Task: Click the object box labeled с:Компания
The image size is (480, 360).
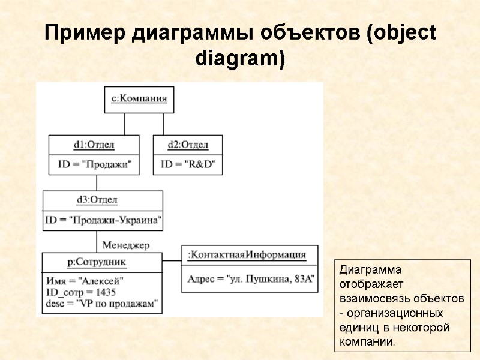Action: pyautogui.click(x=139, y=99)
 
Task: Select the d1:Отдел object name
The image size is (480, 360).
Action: pyautogui.click(x=94, y=145)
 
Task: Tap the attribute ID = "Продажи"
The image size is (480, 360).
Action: pyautogui.click(x=94, y=164)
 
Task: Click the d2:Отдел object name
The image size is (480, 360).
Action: pyautogui.click(x=188, y=145)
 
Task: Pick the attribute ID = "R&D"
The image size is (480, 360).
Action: pyautogui.click(x=188, y=164)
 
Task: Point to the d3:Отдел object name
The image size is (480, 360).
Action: pyautogui.click(x=97, y=200)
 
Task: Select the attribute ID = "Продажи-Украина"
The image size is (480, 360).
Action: pyautogui.click(x=103, y=220)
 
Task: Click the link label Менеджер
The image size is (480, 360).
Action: pyautogui.click(x=126, y=245)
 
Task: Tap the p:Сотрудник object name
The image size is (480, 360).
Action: pyautogui.click(x=97, y=262)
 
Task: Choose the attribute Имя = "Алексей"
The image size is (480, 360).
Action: pyautogui.click(x=85, y=281)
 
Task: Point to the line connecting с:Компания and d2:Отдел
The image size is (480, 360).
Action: pyautogui.click(x=163, y=124)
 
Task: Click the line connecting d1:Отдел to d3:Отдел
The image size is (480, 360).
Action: pyautogui.click(x=97, y=182)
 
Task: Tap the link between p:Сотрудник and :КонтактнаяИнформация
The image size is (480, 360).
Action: pyautogui.click(x=172, y=261)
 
